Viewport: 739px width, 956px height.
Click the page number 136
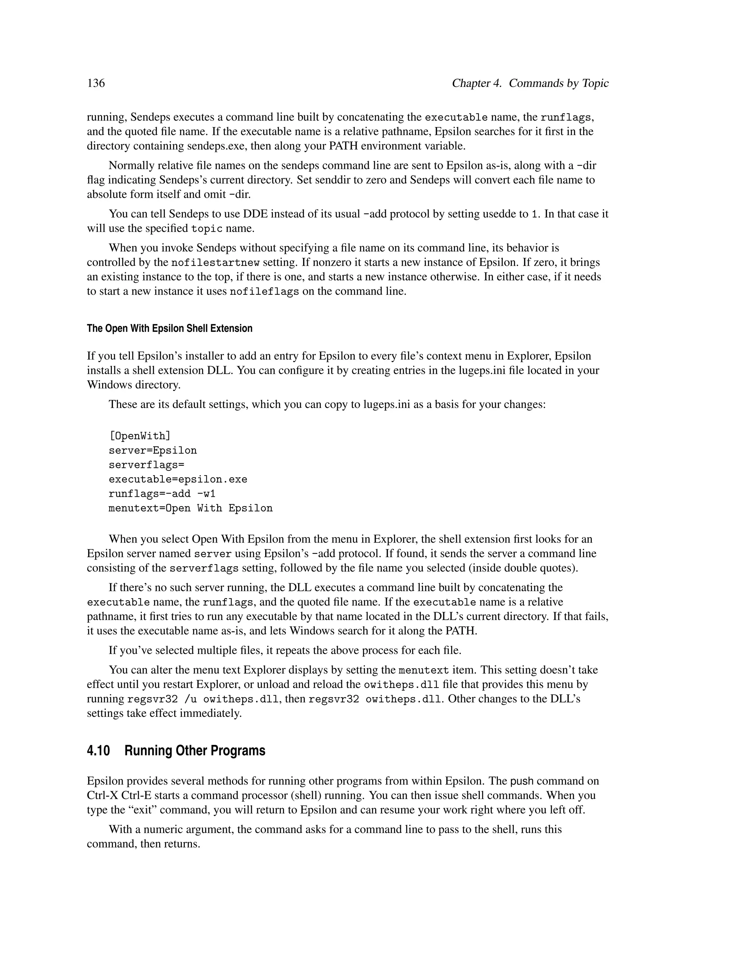point(96,83)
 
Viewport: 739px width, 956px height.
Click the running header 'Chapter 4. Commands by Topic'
point(530,83)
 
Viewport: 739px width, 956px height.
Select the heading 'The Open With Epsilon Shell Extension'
point(170,328)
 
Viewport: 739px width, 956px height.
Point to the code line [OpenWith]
point(140,436)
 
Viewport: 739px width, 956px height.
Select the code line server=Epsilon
point(153,451)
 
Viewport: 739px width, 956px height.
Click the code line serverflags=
point(146,465)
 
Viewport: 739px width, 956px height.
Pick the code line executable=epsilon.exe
point(178,479)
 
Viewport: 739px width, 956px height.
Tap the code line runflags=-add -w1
point(162,494)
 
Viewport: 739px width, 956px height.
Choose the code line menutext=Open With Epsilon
point(191,508)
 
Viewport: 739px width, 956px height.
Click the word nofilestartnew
point(215,263)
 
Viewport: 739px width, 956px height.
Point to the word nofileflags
point(264,291)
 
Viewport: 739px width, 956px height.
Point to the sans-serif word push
point(522,781)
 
